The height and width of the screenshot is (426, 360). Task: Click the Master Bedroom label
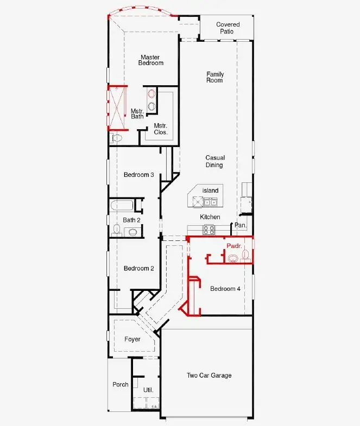tap(150, 60)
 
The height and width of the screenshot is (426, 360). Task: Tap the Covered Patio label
tap(228, 28)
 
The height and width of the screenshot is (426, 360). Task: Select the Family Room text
tap(215, 77)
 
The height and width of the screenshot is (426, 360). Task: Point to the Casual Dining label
tap(215, 161)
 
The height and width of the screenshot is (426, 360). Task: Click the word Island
tap(210, 190)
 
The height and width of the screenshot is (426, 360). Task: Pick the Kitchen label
tap(210, 217)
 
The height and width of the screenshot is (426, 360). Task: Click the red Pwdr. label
tap(234, 246)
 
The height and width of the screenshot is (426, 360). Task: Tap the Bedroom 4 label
tap(225, 289)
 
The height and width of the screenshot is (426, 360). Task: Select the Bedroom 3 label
tap(138, 174)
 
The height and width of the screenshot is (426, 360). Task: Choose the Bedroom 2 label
tap(138, 269)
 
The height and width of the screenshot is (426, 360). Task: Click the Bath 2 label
tap(131, 220)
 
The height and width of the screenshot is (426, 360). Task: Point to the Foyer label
tap(132, 339)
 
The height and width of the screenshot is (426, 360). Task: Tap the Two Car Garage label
tap(209, 376)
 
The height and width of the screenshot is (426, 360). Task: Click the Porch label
tap(120, 384)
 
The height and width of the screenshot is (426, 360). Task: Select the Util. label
tap(148, 390)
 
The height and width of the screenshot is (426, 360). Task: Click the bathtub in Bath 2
tap(122, 206)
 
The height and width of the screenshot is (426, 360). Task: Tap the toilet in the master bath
tap(116, 138)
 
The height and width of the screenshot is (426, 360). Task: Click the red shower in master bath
tap(117, 108)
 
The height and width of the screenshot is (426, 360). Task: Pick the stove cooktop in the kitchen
tap(209, 230)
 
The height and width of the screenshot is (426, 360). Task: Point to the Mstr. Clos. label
tap(160, 129)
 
